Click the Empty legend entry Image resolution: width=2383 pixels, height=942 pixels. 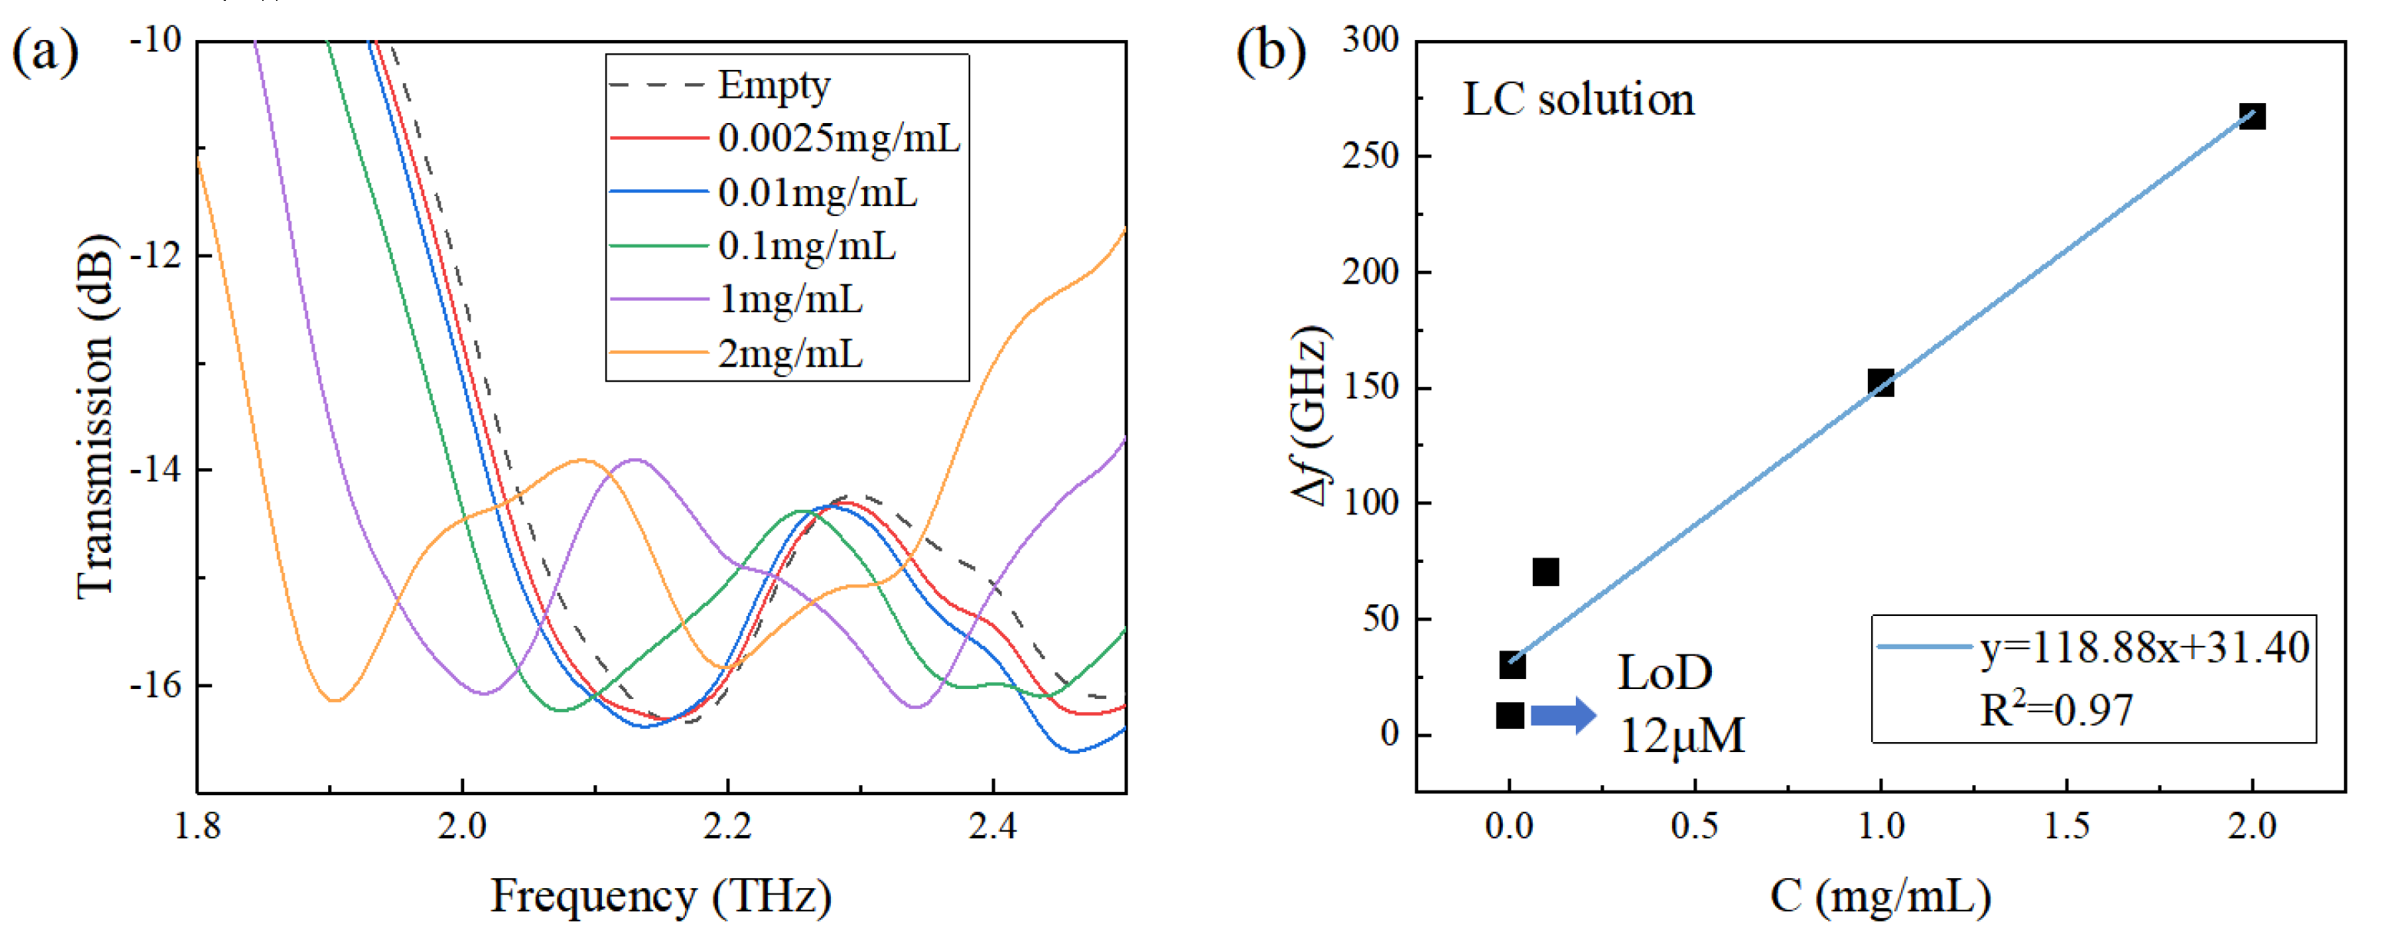(773, 85)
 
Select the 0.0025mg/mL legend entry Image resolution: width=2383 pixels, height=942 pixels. (838, 139)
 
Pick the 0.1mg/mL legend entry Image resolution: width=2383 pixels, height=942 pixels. (806, 246)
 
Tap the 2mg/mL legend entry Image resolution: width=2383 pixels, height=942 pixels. (790, 354)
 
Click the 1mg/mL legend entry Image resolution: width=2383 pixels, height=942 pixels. (790, 300)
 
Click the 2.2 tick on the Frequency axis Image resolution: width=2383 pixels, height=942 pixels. (727, 825)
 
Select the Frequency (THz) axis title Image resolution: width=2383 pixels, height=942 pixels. (660, 896)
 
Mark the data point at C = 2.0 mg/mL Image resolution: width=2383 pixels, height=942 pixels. (2252, 117)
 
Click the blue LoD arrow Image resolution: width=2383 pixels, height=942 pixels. (1564, 715)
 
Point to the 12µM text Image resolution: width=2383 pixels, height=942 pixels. (1682, 737)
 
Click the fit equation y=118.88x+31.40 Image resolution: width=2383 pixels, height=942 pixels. (2143, 647)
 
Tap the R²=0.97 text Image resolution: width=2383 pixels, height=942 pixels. (2056, 711)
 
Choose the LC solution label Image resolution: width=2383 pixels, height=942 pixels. (1578, 100)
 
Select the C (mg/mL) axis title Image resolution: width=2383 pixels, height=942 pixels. (1879, 896)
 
